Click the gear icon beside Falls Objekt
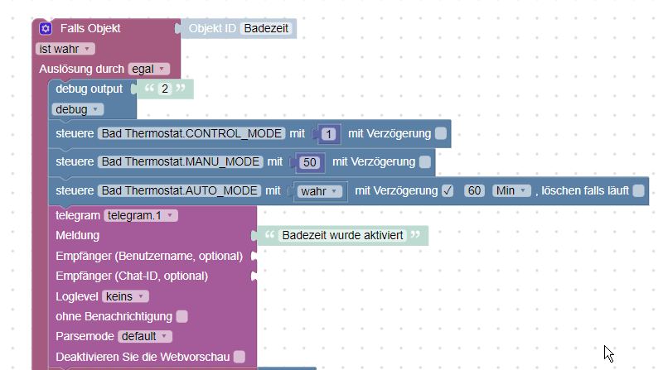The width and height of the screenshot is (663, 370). click(x=46, y=28)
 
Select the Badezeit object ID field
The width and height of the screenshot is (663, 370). click(x=267, y=29)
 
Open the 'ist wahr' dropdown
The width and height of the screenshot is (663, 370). click(x=65, y=49)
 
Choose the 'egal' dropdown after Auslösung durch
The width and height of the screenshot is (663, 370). click(x=149, y=69)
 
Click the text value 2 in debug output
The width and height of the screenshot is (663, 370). click(x=164, y=89)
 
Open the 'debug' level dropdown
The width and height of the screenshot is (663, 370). click(x=77, y=109)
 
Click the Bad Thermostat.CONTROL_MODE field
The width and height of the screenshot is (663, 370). click(x=191, y=133)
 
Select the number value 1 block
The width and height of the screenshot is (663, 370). click(x=329, y=134)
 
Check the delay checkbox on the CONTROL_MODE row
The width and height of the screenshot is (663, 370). click(x=441, y=133)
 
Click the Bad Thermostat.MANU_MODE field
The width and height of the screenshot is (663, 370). click(x=180, y=161)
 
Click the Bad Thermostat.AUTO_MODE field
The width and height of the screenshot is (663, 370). click(x=179, y=191)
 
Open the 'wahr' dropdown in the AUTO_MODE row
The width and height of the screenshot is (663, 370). click(x=318, y=192)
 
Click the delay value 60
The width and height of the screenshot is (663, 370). click(x=474, y=191)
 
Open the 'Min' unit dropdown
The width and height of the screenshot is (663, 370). click(x=511, y=191)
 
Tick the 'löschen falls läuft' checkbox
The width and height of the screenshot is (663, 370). click(x=638, y=191)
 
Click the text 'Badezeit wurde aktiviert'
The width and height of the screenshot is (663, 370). click(x=342, y=236)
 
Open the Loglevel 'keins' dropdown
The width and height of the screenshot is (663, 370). click(x=126, y=296)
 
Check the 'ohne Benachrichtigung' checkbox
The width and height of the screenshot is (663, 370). click(x=181, y=316)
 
